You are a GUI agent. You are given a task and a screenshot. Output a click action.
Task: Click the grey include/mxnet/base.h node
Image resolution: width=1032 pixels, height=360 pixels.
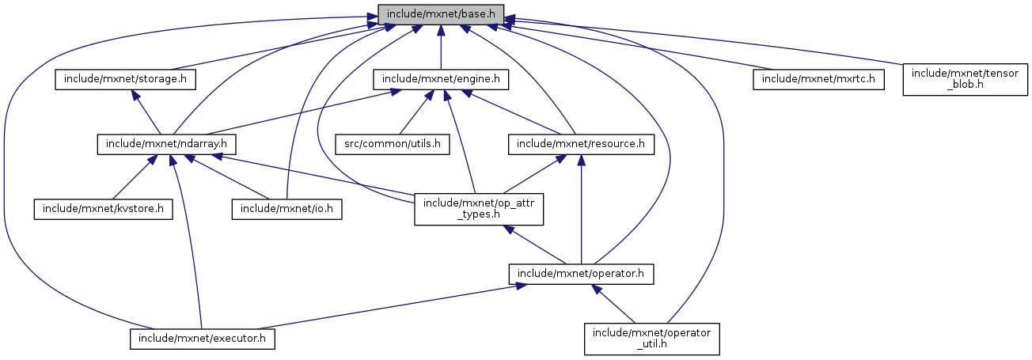pos(441,13)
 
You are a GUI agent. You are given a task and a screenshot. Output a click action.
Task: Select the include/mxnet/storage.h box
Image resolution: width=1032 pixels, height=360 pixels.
pos(125,80)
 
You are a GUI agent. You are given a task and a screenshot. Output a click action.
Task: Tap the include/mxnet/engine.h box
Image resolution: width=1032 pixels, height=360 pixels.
pos(441,80)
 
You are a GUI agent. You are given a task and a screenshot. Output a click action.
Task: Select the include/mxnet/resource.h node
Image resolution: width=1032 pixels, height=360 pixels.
pos(581,144)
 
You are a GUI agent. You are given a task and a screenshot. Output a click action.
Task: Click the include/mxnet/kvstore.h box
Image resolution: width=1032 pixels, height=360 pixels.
pos(103,209)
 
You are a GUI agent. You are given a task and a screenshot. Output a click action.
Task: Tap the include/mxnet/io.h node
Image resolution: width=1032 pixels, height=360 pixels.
pos(286,209)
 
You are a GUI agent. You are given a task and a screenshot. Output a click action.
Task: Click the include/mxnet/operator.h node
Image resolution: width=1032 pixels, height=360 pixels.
pos(581,274)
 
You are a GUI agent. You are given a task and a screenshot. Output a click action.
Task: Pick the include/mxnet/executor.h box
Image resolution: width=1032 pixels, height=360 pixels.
pos(202,339)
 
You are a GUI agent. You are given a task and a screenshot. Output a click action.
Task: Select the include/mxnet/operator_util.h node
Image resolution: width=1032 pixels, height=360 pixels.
pos(651,339)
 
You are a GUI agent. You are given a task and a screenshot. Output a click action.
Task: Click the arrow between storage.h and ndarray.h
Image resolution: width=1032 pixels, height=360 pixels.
pos(147,112)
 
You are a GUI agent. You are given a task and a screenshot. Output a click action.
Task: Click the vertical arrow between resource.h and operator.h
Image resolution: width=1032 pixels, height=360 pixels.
pos(581,210)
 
